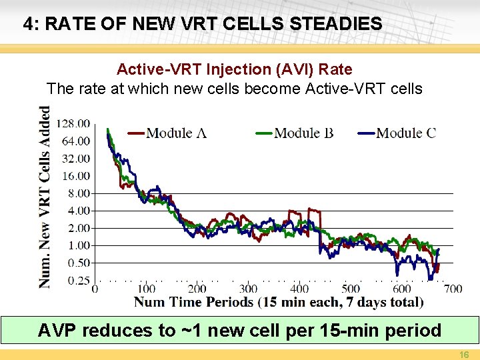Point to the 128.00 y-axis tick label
click(74, 123)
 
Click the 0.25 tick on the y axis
click(79, 281)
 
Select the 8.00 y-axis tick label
click(79, 193)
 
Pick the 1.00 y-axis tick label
click(79, 245)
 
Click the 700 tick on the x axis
click(453, 289)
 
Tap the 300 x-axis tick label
click(248, 289)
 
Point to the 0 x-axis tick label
click(95, 289)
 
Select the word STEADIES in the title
click(337, 25)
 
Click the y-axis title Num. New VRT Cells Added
click(45, 197)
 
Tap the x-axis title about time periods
click(279, 302)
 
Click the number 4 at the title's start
click(27, 25)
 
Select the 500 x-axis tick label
click(351, 289)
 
